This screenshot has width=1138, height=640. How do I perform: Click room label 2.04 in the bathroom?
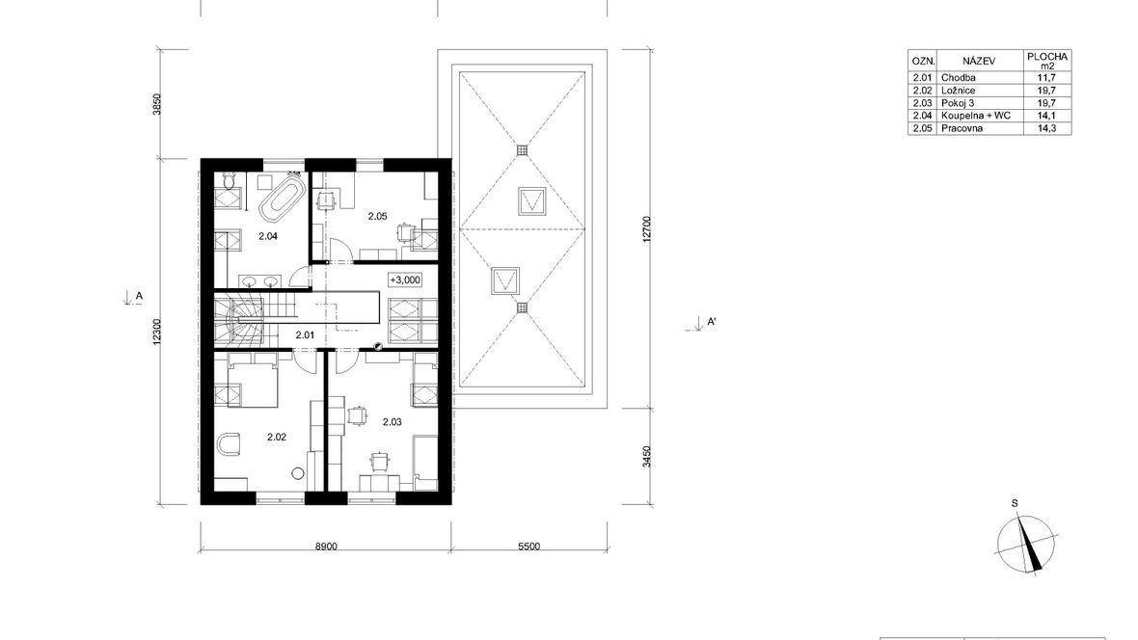268,236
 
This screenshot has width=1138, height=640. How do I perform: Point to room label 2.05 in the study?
377,216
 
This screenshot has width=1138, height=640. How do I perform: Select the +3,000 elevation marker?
404,280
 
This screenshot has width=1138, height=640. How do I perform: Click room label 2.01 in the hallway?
305,335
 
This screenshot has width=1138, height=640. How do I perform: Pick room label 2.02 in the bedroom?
277,437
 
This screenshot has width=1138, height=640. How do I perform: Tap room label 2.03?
392,421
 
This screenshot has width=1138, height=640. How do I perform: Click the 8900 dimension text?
325,547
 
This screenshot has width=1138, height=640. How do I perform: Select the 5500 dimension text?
529,547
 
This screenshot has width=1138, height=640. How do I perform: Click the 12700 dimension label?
647,230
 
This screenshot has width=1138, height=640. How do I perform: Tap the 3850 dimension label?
157,104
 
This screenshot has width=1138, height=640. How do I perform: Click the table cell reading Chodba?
958,78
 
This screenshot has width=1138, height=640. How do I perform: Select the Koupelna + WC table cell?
975,116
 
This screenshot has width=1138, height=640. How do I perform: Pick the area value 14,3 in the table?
1046,128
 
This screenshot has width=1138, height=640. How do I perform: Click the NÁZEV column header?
979,61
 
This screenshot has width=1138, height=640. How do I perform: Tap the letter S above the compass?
1015,503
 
